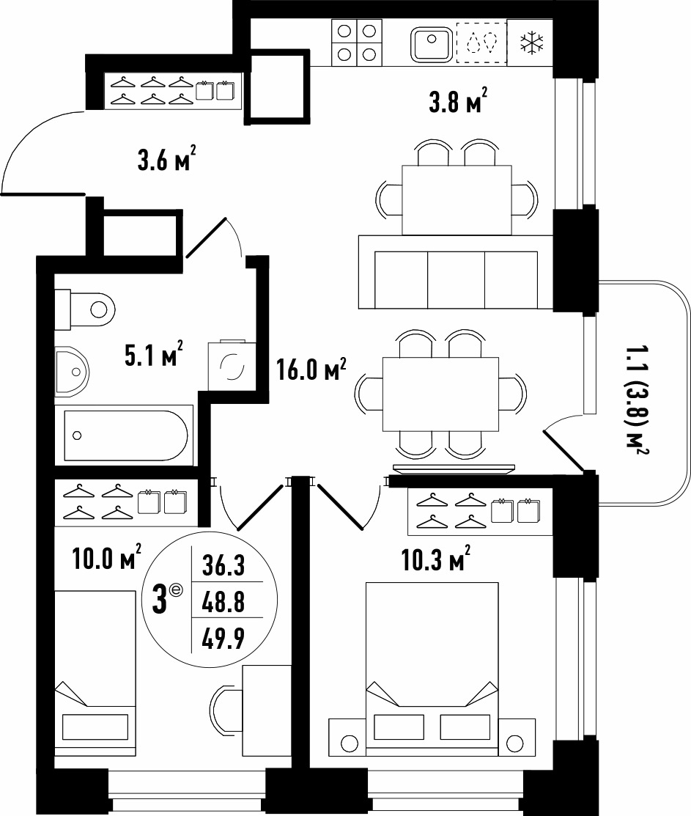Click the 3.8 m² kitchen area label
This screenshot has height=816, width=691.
[458, 101]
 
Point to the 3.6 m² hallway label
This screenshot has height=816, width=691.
[166, 158]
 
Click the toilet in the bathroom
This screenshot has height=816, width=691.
[85, 309]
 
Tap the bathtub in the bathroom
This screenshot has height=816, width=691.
[125, 435]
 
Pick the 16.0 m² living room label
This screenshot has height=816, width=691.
[311, 370]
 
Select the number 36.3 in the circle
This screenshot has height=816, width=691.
[223, 566]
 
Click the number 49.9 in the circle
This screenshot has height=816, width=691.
[223, 639]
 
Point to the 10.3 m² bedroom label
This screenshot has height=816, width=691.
[436, 559]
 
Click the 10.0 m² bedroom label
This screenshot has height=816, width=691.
[106, 559]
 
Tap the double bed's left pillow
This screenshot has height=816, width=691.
[399, 727]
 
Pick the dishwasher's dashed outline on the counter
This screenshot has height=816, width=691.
[481, 43]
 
